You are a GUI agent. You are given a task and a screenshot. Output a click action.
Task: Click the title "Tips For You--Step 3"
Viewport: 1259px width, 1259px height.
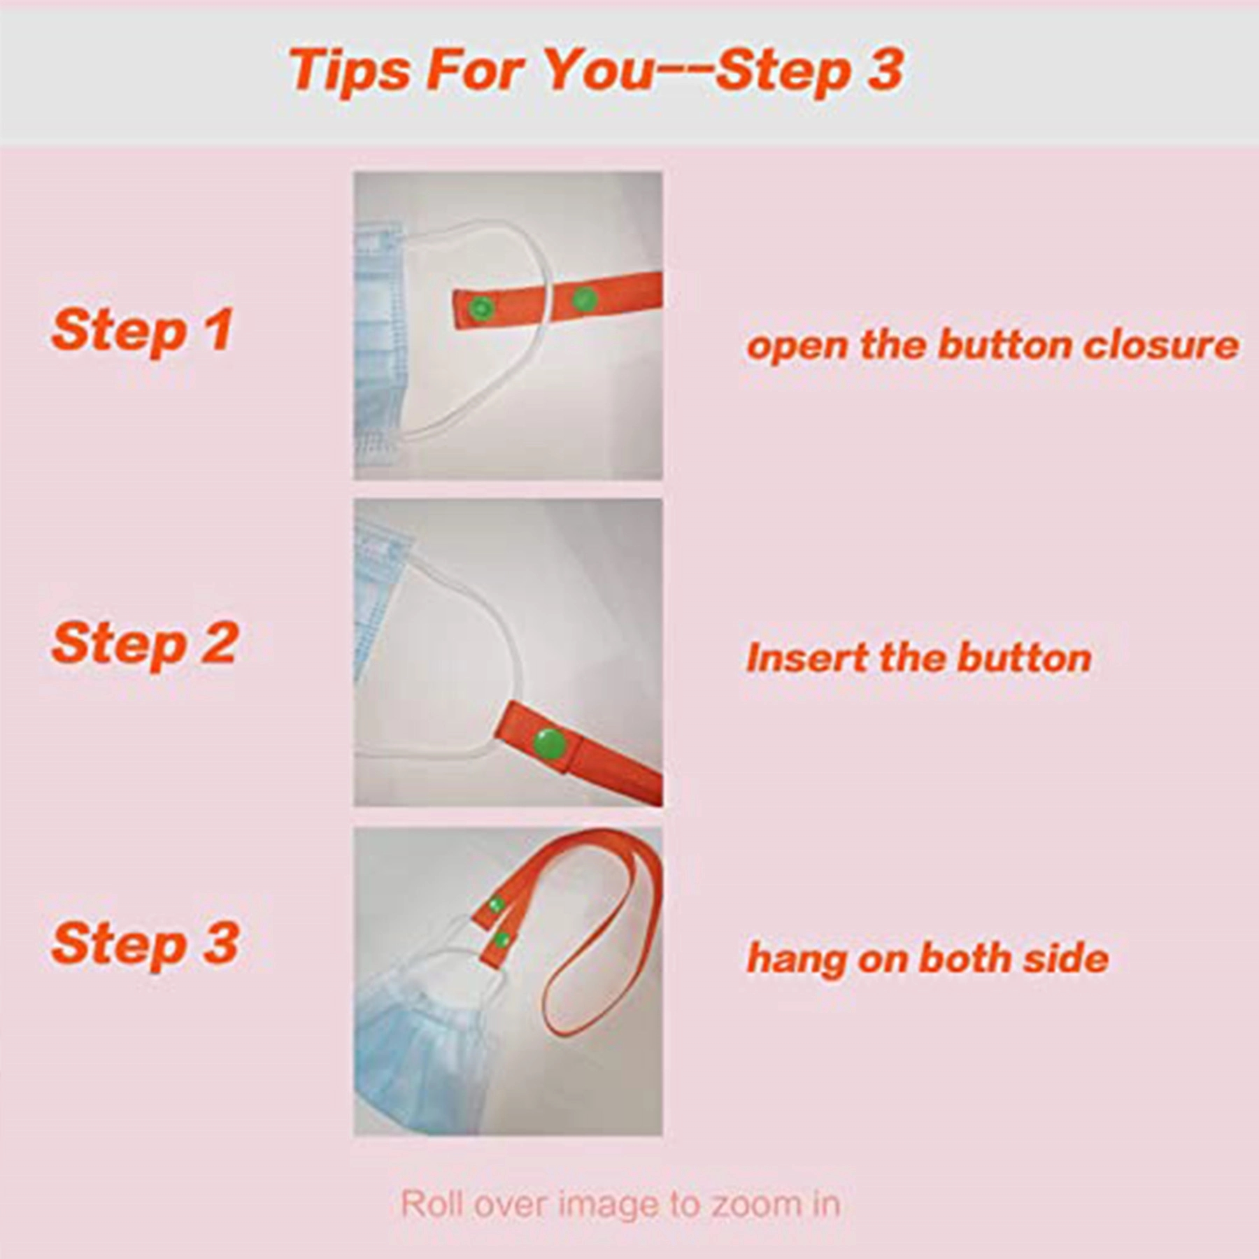tap(596, 70)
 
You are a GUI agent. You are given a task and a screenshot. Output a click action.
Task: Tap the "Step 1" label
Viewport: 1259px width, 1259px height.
tap(142, 330)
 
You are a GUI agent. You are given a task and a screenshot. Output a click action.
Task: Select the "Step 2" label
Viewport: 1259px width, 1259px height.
tap(144, 643)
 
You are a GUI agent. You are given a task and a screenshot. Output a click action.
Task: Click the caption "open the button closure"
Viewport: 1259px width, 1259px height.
tap(992, 346)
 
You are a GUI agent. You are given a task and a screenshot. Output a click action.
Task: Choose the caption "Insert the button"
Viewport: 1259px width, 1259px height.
tap(918, 658)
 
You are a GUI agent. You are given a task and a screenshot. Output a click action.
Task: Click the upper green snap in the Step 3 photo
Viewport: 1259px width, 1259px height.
tap(496, 905)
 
